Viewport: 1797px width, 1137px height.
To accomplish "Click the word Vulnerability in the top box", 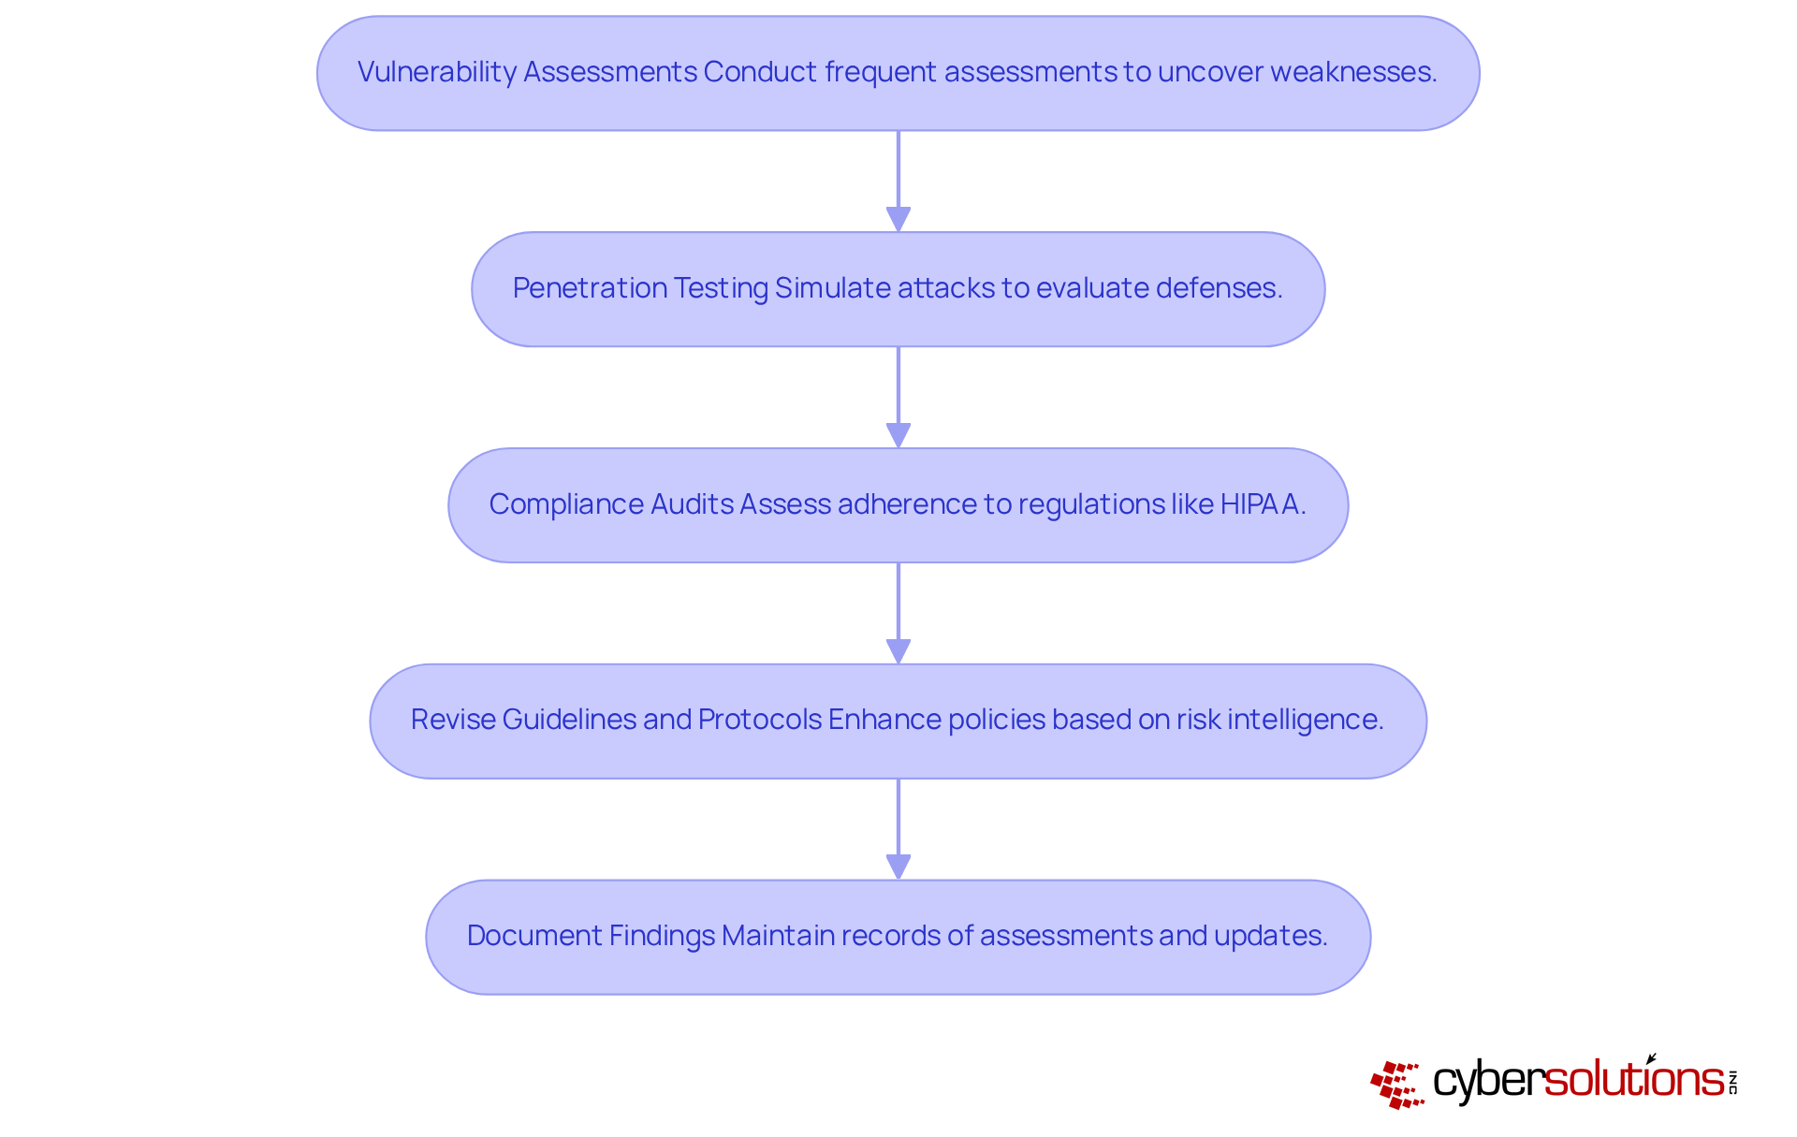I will pyautogui.click(x=436, y=72).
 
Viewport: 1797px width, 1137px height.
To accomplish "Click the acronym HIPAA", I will pyautogui.click(x=1262, y=504).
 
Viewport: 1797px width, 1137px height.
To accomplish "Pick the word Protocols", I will pyautogui.click(x=759, y=720).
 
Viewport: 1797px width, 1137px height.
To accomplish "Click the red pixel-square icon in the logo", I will pyautogui.click(x=1397, y=1084).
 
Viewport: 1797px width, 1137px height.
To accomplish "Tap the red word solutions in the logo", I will pyautogui.click(x=1633, y=1080).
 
